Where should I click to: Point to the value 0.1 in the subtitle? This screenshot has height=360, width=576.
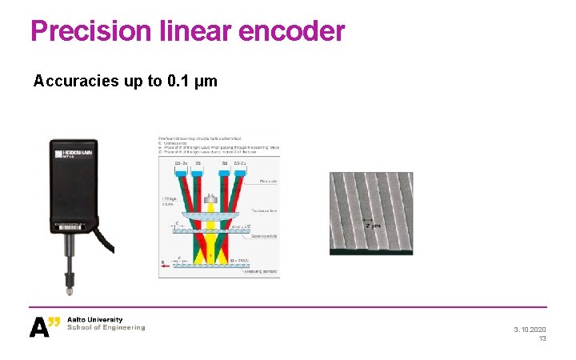(176, 82)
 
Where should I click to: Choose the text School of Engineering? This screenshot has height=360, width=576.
(106, 327)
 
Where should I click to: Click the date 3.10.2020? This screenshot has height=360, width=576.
(530, 330)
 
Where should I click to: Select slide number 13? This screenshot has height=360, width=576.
(542, 339)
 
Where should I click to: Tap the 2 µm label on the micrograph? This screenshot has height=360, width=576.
(374, 226)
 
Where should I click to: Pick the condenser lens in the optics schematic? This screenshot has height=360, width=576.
(208, 214)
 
